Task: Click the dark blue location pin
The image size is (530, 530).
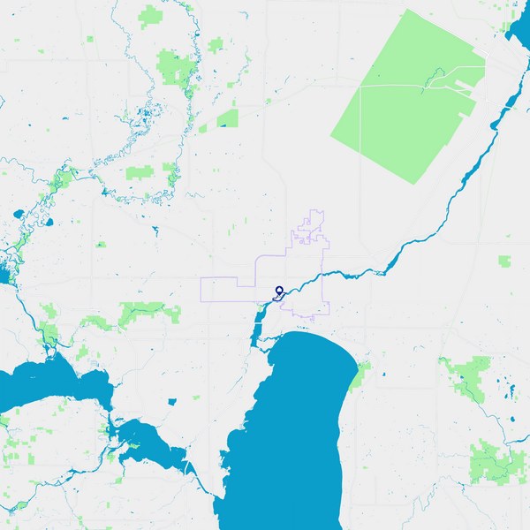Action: [x=279, y=291]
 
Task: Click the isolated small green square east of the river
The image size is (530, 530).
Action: [x=504, y=261]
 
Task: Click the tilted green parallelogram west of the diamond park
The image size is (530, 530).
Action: [x=228, y=118]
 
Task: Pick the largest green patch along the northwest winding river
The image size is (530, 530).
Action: [x=176, y=66]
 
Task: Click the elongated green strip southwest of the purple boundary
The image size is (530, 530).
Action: [x=141, y=310]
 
